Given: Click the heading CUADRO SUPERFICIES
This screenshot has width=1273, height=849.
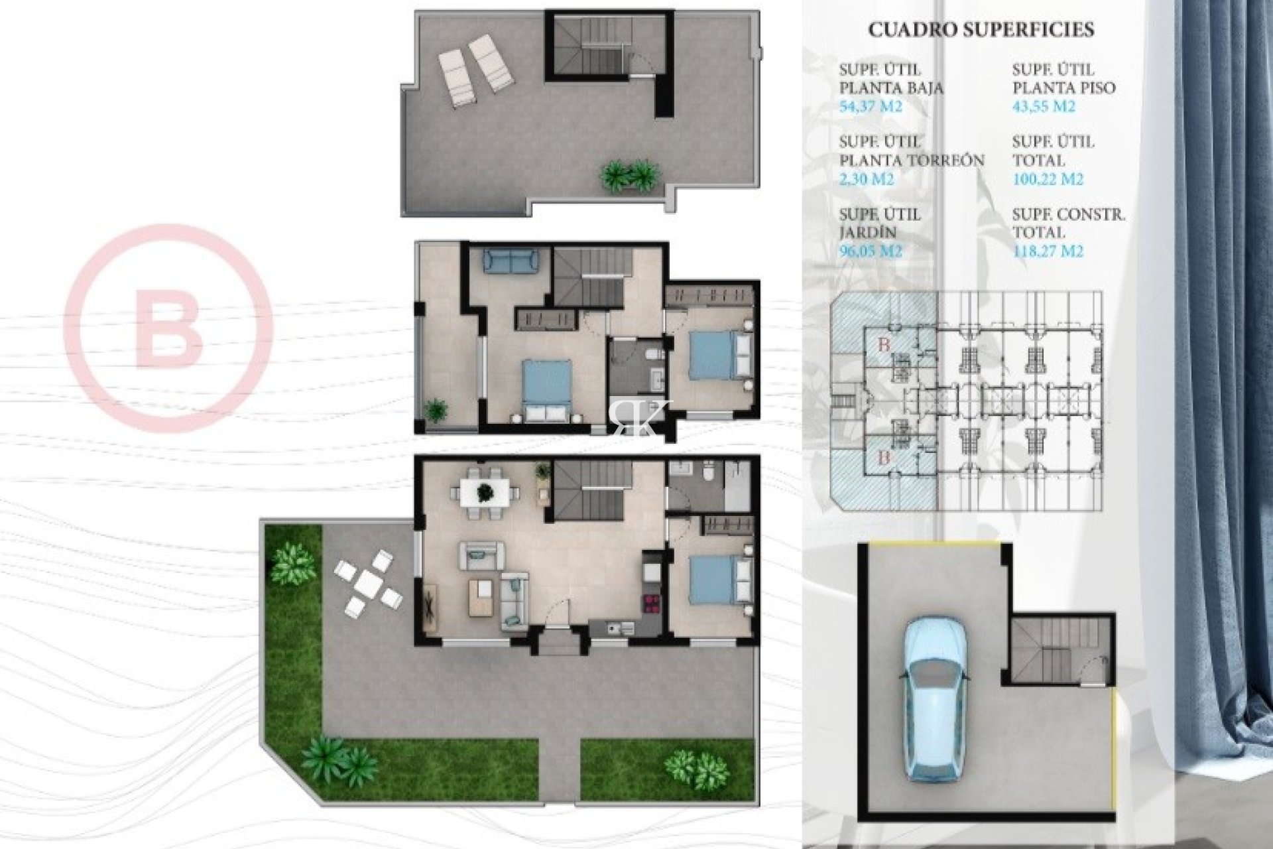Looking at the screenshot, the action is pos(981,30).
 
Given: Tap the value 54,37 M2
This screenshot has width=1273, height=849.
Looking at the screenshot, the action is pos(871,106).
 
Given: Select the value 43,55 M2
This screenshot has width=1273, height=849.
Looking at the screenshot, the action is pos(1044,106).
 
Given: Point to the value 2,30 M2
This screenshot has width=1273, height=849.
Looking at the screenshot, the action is pos(867,179).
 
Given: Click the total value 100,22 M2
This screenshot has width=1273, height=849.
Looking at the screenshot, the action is pos(1048,179).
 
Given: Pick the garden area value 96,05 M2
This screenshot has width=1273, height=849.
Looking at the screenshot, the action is pos(871,251).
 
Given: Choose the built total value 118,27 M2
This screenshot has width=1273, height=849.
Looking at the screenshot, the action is pos(1048,251).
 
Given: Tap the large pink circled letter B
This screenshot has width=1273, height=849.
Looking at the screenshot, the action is pos(168,329).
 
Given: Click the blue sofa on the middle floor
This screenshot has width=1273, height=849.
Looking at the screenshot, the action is pos(509,261).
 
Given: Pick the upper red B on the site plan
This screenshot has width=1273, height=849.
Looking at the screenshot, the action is pos(883,344).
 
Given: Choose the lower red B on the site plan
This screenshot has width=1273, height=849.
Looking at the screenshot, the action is pos(883,458).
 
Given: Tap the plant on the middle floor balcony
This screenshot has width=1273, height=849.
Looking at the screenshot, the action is pos(436,409).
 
